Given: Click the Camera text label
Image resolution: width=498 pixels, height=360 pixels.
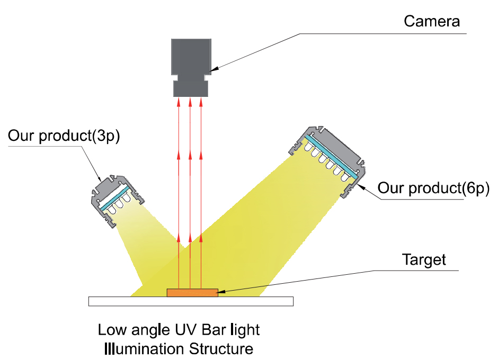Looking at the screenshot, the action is click(x=432, y=22).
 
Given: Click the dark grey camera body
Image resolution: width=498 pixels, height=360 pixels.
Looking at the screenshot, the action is click(x=191, y=57).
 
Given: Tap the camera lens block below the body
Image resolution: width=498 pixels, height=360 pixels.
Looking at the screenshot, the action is click(x=191, y=88).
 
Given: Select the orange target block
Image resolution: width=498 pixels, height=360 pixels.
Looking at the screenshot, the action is click(x=192, y=293).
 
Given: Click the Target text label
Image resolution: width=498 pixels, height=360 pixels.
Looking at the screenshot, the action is click(x=424, y=260).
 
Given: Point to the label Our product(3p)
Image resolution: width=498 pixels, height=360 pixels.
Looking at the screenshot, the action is click(x=64, y=136).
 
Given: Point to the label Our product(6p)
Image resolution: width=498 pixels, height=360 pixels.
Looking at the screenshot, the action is click(x=433, y=188).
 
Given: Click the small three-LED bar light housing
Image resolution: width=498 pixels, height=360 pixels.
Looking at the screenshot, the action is click(x=117, y=200).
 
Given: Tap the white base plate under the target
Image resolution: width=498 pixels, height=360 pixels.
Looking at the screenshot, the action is click(x=191, y=301).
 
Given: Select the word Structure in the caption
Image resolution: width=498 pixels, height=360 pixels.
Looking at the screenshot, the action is click(x=221, y=349).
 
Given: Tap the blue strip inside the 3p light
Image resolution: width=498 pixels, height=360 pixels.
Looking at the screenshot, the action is click(x=114, y=198).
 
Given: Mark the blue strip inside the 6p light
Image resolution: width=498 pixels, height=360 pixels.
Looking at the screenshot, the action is click(x=331, y=156).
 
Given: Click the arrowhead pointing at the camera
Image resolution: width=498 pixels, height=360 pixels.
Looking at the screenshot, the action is click(x=213, y=69).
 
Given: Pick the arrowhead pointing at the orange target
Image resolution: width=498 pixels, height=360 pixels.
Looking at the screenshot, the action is click(x=221, y=291).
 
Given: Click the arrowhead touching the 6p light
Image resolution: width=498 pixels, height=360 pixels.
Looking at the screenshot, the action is click(x=361, y=187).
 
